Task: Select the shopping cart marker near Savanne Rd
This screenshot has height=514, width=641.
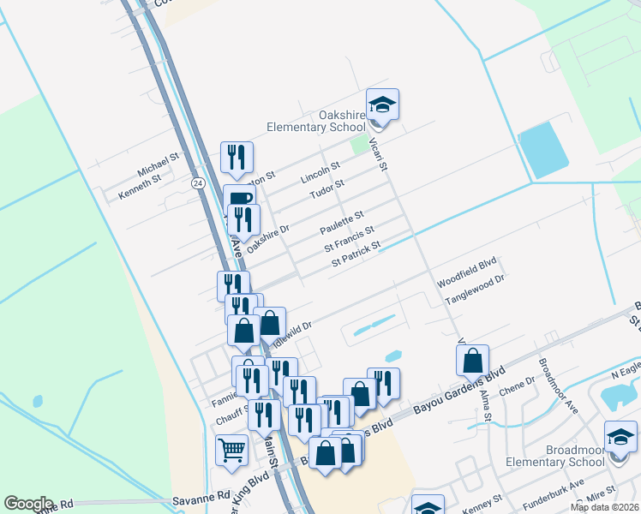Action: pyautogui.click(x=232, y=450)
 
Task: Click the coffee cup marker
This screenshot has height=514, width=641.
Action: pyautogui.click(x=240, y=200)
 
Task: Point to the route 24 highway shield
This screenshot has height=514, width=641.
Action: pyautogui.click(x=198, y=182)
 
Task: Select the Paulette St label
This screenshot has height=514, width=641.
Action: pyautogui.click(x=342, y=223)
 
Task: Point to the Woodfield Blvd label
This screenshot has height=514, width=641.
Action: pyautogui.click(x=467, y=271)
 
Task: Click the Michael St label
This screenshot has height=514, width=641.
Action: pyautogui.click(x=157, y=162)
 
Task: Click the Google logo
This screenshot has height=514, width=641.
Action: pyautogui.click(x=28, y=504)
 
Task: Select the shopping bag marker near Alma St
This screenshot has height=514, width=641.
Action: pyautogui.click(x=472, y=361)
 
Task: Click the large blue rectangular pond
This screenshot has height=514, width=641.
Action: pyautogui.click(x=542, y=148)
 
